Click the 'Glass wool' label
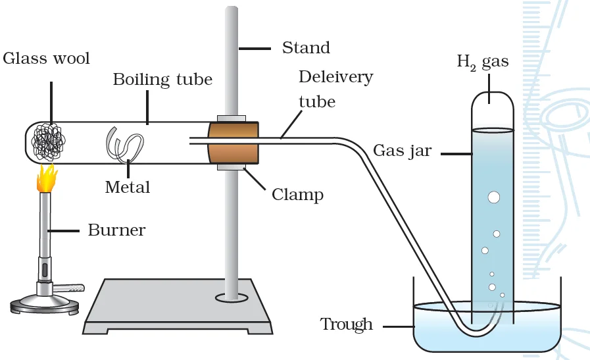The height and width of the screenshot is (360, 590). coord(46,59)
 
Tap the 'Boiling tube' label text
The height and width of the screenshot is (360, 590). coord(162,80)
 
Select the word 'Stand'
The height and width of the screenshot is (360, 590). coord(306,48)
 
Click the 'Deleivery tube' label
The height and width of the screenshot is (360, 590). coord(335,89)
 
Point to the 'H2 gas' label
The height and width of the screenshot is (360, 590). coord(482,63)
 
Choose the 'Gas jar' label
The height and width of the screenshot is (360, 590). coord(402,151)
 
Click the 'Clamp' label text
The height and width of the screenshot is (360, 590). coord(297,195)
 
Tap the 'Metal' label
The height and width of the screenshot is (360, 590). coord(128,188)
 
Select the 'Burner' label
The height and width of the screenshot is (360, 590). coord(116,231)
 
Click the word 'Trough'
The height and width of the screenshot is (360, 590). coord(346,324)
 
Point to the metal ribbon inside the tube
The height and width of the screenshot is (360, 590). coord(124,145)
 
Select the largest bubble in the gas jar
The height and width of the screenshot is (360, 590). coord(493,197)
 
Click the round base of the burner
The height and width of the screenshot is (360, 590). coord(44,303)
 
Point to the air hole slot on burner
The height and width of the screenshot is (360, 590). coord(45,270)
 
